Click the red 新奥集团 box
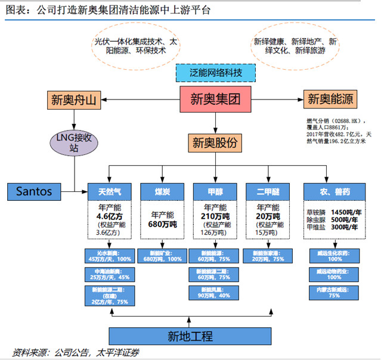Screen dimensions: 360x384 click(215, 100)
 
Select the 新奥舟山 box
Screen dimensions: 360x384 click(72, 100)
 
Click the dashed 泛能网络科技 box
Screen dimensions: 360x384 click(216, 73)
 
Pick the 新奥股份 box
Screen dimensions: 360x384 click(215, 142)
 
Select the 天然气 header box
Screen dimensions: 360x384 click(110, 191)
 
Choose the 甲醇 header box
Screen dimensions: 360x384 click(215, 191)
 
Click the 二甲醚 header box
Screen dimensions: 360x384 click(268, 191)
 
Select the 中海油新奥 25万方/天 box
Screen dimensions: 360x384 click(110, 275)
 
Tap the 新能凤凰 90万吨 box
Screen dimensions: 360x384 click(215, 293)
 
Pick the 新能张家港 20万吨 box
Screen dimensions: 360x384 click(268, 257)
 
